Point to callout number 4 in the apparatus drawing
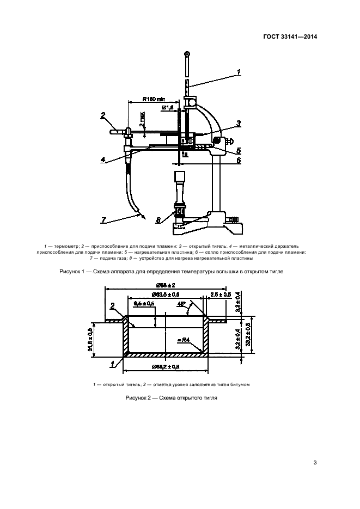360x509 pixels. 103,160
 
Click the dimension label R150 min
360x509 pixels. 154,99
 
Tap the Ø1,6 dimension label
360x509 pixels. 167,108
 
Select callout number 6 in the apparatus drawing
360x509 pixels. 238,161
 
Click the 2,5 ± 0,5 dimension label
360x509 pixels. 220,295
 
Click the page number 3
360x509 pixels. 315,463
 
